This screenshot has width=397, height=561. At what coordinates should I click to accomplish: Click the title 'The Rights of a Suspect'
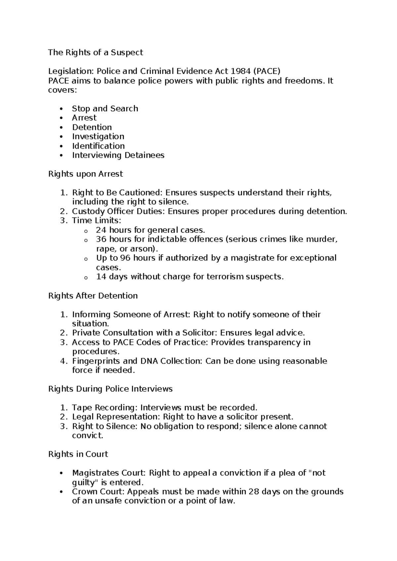(x=96, y=52)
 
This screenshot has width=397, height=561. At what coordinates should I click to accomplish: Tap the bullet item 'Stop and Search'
(x=105, y=108)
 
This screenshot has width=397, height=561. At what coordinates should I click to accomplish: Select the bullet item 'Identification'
(x=98, y=146)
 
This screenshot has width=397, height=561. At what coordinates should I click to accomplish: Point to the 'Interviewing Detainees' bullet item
(x=118, y=155)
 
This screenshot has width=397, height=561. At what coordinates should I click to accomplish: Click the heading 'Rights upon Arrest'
(x=85, y=174)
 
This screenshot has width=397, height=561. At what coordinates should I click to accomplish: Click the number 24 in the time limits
(x=101, y=230)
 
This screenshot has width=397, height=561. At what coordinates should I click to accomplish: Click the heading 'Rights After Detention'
(x=93, y=295)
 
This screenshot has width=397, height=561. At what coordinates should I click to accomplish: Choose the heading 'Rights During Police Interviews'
(x=110, y=389)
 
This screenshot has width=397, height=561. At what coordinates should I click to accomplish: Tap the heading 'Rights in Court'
(x=78, y=454)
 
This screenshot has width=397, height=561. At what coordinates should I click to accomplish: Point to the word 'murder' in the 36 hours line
(x=320, y=239)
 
